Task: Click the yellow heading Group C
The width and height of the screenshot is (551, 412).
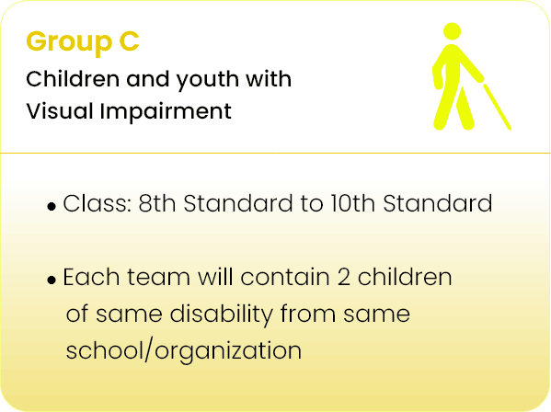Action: click(x=83, y=43)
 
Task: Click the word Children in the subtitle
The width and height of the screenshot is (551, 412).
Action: click(x=73, y=79)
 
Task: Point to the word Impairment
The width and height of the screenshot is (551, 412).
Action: click(x=166, y=112)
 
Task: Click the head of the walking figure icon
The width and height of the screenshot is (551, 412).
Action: click(x=452, y=31)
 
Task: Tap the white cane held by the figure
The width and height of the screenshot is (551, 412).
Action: click(x=497, y=107)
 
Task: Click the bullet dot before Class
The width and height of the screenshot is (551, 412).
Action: click(x=52, y=206)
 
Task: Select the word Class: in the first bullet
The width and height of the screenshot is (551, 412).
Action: click(x=97, y=203)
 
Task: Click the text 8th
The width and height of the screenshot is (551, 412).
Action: click(x=157, y=203)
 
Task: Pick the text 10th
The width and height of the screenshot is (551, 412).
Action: click(x=352, y=203)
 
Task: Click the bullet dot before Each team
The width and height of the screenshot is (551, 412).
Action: click(x=52, y=280)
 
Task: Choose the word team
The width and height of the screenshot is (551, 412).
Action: click(x=159, y=278)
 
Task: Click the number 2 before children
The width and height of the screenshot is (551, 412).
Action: click(x=344, y=278)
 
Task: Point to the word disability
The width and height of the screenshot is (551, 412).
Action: click(x=221, y=315)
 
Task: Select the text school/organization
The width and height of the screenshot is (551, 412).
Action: click(x=184, y=350)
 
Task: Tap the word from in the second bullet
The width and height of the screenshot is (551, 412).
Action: click(x=308, y=314)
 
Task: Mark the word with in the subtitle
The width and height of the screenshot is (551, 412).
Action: click(x=269, y=79)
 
